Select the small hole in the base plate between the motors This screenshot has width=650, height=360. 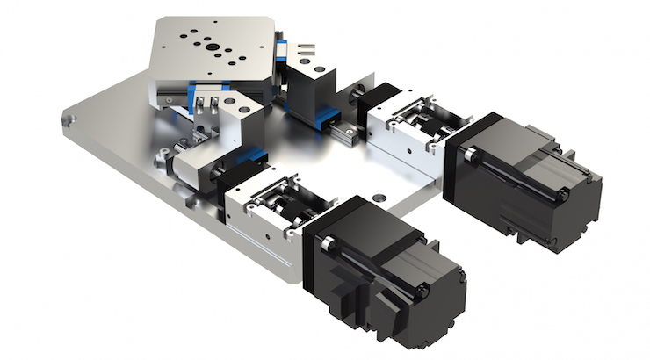click(x=379, y=197)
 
